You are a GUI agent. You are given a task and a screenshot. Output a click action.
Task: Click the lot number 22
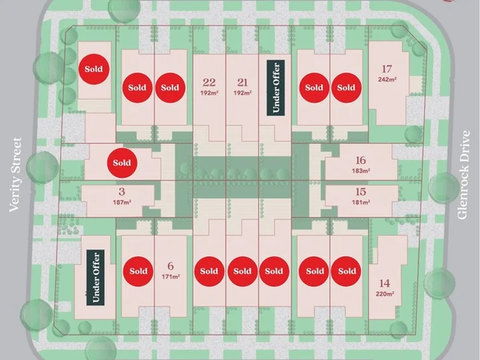click(209, 83)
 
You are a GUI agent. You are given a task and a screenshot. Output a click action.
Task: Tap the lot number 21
click(243, 83)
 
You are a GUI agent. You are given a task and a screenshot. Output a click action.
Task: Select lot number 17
click(387, 69)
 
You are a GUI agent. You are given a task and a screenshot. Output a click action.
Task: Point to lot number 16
click(361, 160)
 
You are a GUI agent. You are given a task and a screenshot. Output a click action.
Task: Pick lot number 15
click(361, 192)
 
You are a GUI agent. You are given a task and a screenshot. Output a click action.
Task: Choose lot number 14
click(385, 283)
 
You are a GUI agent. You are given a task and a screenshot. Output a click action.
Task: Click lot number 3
click(122, 191)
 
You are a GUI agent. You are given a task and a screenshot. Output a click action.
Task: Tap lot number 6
click(171, 266)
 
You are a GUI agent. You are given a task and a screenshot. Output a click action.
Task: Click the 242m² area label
click(387, 79)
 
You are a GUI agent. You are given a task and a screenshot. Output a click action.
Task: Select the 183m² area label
click(361, 171)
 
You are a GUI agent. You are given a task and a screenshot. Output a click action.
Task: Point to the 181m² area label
click(361, 202)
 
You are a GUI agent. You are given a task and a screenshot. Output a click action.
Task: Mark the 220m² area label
click(385, 294)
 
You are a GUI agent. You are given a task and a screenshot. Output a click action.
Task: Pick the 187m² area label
click(122, 202)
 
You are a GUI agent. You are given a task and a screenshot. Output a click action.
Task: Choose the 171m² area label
click(171, 277)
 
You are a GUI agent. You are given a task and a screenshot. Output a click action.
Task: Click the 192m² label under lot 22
click(209, 93)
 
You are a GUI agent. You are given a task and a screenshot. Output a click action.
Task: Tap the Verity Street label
click(15, 175)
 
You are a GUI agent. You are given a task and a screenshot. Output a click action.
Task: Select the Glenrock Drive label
click(463, 175)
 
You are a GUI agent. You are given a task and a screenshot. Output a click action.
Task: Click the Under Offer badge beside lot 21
click(276, 88)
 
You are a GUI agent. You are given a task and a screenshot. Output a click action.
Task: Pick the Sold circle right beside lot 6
click(138, 271)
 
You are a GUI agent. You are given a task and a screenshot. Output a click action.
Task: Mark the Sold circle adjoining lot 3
click(122, 163)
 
